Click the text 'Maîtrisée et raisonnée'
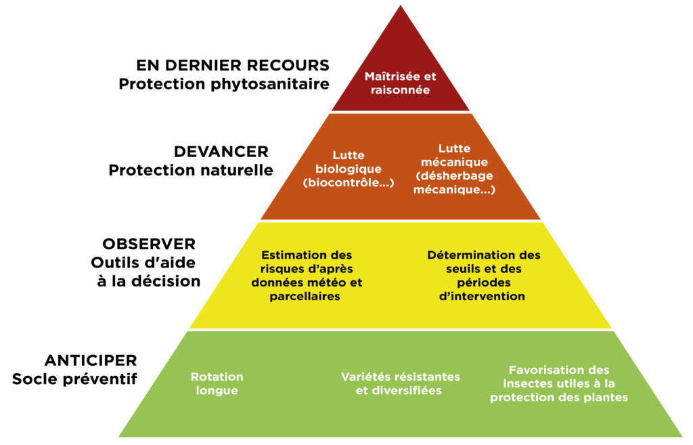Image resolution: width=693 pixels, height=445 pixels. (x=401, y=83)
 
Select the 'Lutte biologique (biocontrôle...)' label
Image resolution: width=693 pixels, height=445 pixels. (x=349, y=169)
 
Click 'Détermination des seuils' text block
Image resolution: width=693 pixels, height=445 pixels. (x=484, y=276)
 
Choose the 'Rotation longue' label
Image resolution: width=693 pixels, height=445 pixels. (x=217, y=384)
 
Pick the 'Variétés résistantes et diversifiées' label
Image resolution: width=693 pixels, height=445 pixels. (x=400, y=384)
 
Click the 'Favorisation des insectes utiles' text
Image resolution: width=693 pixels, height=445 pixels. (x=559, y=384)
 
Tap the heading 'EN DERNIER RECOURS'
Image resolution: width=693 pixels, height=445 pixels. (x=233, y=66)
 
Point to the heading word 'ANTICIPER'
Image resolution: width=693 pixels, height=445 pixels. (x=91, y=360)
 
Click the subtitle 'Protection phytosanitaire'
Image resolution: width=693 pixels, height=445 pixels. (x=224, y=85)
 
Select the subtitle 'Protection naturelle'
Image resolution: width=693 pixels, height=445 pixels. (x=191, y=170)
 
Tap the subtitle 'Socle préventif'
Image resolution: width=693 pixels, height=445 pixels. (x=74, y=379)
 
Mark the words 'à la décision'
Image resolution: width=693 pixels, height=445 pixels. (x=146, y=281)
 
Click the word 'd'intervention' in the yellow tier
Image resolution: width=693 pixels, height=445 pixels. (x=483, y=297)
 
